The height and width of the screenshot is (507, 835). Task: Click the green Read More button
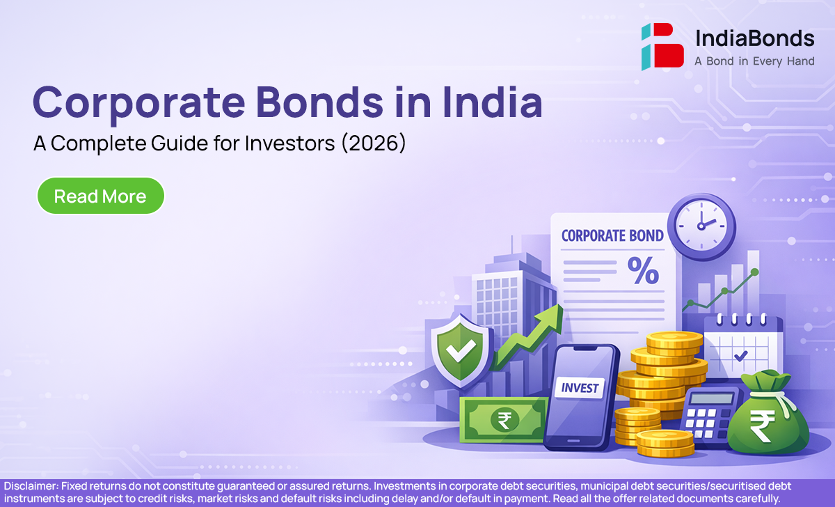(101, 196)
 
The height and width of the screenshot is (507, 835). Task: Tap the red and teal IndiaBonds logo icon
(662, 47)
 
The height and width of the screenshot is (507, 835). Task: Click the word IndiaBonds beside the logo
(755, 38)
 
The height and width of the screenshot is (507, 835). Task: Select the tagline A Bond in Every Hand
(754, 61)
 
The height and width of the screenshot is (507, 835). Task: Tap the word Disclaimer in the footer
(31, 486)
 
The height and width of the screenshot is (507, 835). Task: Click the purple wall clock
(701, 226)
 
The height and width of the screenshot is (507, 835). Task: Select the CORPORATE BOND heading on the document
(612, 236)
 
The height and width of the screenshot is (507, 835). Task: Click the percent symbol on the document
(644, 270)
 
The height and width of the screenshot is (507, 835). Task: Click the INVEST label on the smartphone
(580, 388)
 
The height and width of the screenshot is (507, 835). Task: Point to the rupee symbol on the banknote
(504, 420)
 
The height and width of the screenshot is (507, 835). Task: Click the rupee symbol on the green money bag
(762, 426)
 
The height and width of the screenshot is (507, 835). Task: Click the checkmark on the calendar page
(740, 356)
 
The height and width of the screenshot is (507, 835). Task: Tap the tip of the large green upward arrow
(560, 305)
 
